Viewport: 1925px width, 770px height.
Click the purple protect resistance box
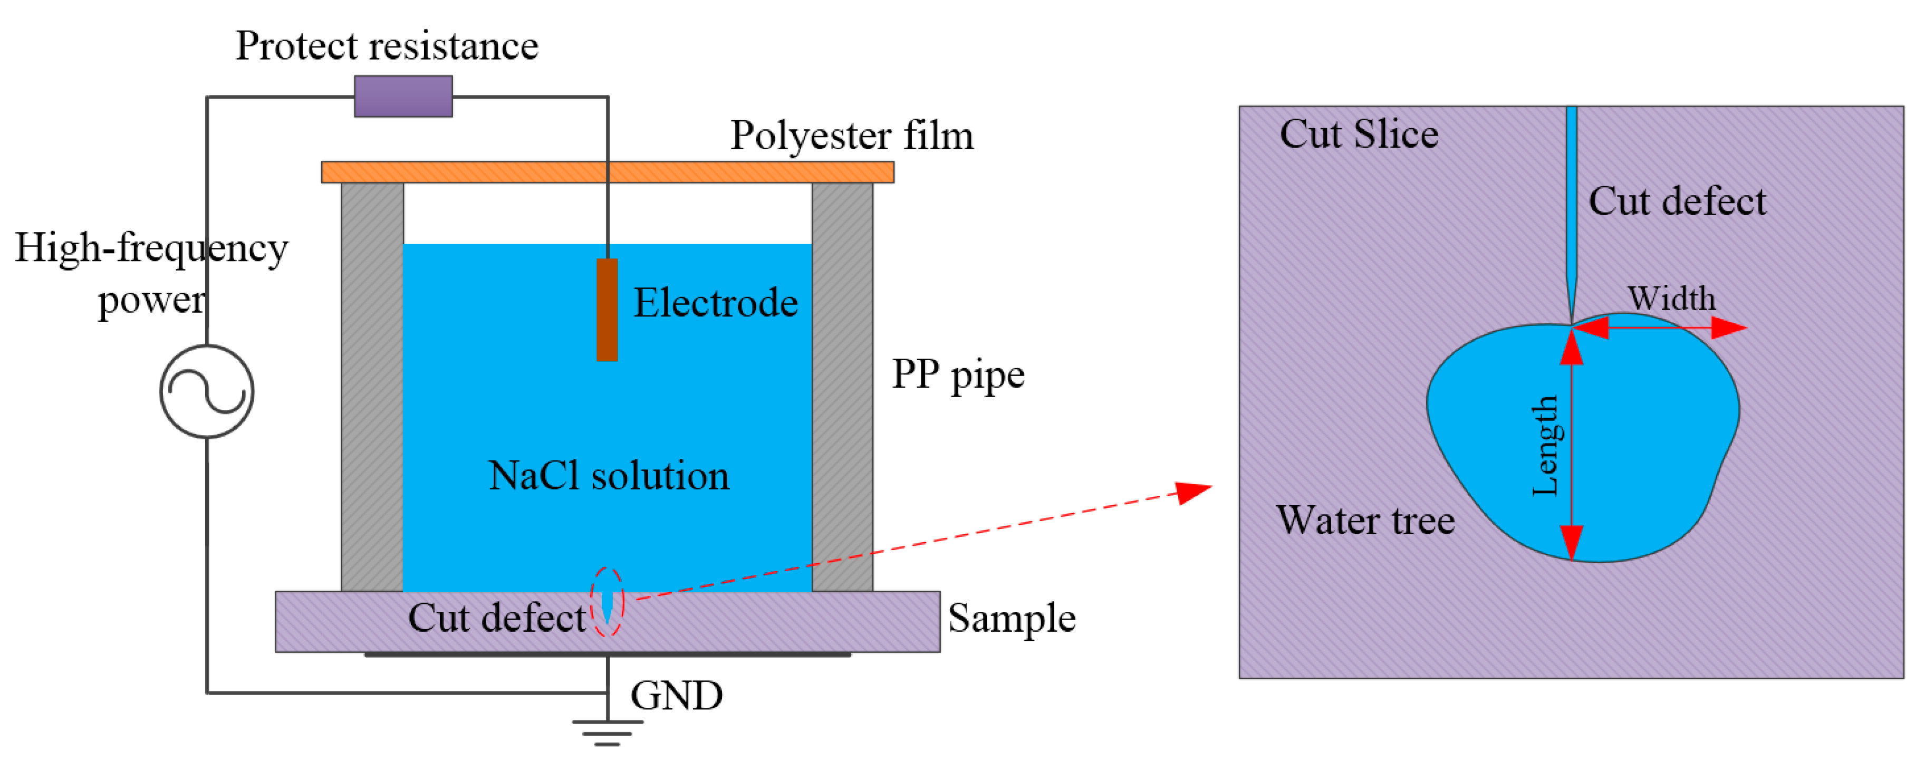(x=403, y=95)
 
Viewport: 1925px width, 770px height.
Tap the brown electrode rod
(x=607, y=310)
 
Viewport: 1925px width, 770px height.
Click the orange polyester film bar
(x=608, y=172)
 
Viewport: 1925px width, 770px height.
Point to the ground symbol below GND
(x=608, y=733)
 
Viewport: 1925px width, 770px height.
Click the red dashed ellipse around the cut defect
(x=607, y=568)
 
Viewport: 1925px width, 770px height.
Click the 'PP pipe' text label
(x=958, y=376)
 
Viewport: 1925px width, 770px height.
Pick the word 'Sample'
(x=1012, y=618)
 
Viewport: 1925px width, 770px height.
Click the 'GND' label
(x=676, y=695)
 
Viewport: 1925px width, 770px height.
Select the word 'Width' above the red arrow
(x=1672, y=299)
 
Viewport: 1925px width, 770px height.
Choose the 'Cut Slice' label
(x=1359, y=134)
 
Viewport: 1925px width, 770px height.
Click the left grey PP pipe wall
(x=372, y=387)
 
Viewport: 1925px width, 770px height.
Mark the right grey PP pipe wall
(x=842, y=387)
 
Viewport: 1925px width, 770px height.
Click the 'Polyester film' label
(x=852, y=136)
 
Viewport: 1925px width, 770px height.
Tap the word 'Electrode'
(x=716, y=303)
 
